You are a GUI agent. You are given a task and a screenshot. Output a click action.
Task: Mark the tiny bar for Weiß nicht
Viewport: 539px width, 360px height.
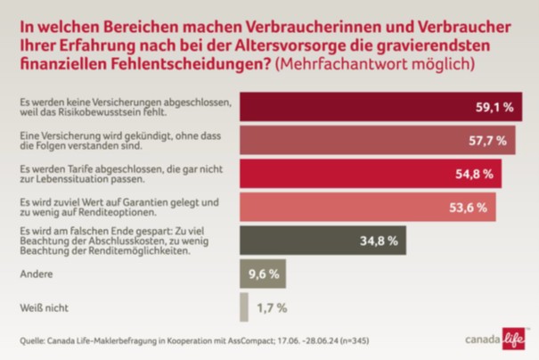(x=243, y=307)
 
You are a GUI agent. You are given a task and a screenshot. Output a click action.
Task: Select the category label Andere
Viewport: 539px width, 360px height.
(x=36, y=274)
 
